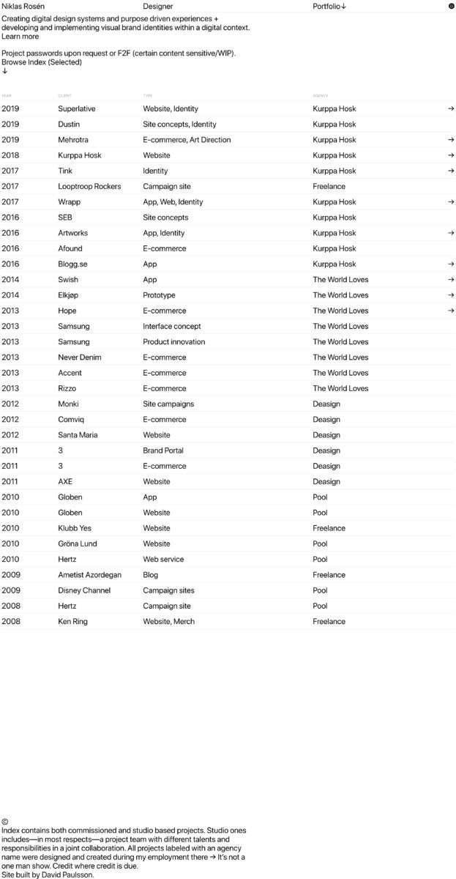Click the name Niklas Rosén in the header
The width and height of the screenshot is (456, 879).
(x=23, y=6)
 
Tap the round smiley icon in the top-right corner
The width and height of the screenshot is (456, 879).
(x=451, y=6)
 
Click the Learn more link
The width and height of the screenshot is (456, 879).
(x=20, y=36)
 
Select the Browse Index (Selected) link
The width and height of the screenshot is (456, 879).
(x=42, y=62)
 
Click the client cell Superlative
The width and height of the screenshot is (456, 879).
(x=77, y=108)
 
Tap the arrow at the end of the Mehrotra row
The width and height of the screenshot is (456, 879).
(x=451, y=140)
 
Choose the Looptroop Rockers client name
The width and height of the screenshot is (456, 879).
(x=89, y=186)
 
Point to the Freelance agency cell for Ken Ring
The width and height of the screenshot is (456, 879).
(x=329, y=621)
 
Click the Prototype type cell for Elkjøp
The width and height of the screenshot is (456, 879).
(x=159, y=295)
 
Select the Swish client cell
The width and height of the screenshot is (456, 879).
(x=68, y=280)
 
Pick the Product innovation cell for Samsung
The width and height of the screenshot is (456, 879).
(x=173, y=341)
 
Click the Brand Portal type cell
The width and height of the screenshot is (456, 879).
(x=163, y=450)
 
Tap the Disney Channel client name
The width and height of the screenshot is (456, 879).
(x=84, y=590)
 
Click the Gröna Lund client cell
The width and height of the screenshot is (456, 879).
(x=78, y=544)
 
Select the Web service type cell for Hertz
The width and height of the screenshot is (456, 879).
(x=163, y=559)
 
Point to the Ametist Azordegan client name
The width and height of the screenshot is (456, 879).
(x=89, y=575)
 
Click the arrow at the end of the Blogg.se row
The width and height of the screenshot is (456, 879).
(x=451, y=264)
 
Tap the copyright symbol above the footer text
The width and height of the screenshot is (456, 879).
(x=5, y=823)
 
